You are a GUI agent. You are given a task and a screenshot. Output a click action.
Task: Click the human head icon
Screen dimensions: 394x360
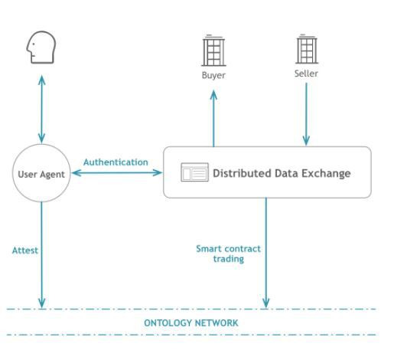click(41, 47)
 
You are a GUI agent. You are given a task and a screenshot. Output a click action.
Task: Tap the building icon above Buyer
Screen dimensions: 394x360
click(213, 51)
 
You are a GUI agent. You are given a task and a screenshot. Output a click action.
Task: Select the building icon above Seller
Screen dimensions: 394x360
click(307, 49)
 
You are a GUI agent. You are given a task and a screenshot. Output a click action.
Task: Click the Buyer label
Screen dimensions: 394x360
click(213, 75)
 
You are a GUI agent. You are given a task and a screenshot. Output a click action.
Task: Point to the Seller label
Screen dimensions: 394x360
click(306, 74)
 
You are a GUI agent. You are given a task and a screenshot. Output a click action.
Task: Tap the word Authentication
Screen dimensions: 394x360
click(116, 162)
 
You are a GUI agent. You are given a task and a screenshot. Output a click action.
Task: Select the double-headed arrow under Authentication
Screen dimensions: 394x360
click(117, 173)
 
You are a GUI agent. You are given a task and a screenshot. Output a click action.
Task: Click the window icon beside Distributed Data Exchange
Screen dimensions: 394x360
click(194, 172)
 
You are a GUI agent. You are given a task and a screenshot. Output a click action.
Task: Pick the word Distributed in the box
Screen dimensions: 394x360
click(242, 173)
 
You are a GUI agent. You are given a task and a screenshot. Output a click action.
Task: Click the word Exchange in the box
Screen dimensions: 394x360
click(326, 173)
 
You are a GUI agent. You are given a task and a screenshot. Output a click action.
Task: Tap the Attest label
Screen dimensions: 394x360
click(25, 250)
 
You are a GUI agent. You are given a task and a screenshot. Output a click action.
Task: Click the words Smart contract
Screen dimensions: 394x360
click(229, 249)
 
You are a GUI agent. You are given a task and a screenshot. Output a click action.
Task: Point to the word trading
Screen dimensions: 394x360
click(229, 259)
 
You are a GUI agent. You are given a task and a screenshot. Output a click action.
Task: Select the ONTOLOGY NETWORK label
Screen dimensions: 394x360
click(191, 323)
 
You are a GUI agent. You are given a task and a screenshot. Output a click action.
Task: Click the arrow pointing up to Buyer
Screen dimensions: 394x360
click(213, 119)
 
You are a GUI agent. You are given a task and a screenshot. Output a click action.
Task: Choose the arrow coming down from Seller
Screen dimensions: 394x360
click(306, 114)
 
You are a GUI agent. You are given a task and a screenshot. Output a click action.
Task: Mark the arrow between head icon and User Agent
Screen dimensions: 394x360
click(41, 109)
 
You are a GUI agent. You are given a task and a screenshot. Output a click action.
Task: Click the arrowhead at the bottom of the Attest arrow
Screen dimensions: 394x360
click(41, 303)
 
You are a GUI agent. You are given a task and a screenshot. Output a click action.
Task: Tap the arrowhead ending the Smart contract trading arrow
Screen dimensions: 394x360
click(266, 303)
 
